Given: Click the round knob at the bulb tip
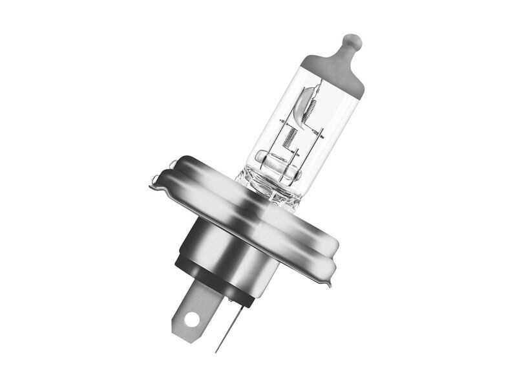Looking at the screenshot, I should [x=350, y=43].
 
